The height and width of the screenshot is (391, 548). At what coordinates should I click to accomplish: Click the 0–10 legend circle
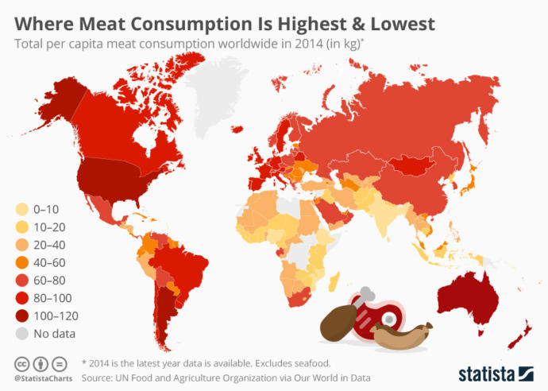[21, 210]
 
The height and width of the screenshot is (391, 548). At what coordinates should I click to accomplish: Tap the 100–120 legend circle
[21, 316]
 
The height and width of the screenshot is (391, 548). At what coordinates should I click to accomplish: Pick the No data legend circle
[21, 334]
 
